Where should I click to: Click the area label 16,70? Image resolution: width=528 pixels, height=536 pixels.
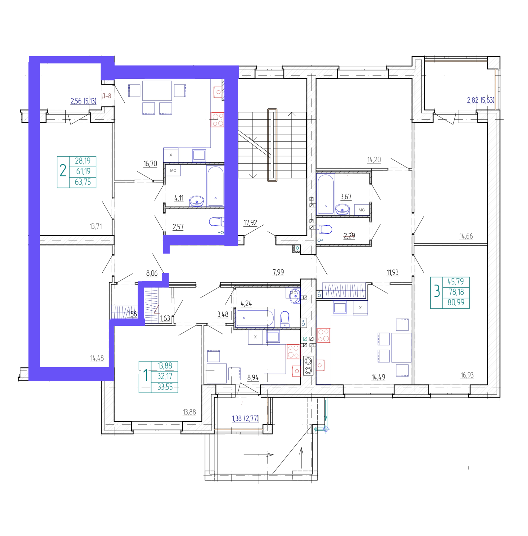tap(150, 164)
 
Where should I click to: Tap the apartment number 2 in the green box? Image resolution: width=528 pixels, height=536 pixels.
tap(63, 171)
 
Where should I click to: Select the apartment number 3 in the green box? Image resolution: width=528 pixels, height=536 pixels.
tap(437, 291)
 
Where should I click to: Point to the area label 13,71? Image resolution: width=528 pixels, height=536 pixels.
tap(96, 226)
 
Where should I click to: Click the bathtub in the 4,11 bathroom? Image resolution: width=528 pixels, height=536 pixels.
tap(215, 186)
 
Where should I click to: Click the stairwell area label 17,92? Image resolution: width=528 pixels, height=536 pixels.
tap(250, 223)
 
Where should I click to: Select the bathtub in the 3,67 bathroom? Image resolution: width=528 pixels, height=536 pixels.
tap(325, 194)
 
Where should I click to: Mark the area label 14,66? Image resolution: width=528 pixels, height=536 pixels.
tap(466, 236)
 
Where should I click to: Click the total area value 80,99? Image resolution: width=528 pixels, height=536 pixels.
tap(456, 302)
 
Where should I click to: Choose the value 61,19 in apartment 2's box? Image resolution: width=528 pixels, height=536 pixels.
tap(83, 171)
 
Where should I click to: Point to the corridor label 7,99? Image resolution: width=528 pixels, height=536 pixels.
tap(278, 272)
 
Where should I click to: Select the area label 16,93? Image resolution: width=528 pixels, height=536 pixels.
tap(467, 375)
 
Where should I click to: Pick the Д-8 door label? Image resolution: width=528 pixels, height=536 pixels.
tap(107, 96)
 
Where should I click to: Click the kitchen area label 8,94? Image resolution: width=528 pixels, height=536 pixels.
tap(253, 377)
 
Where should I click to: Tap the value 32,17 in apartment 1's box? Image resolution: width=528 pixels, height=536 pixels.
tap(165, 376)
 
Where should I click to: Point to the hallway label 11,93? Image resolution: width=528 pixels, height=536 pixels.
tap(393, 272)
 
